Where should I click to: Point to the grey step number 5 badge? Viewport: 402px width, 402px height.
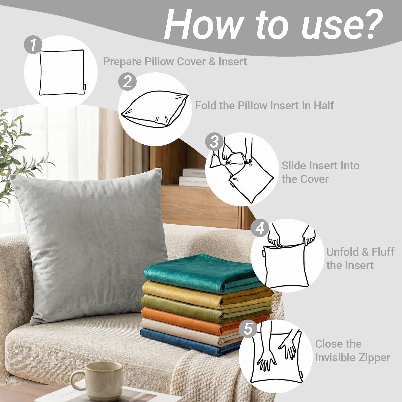[248, 329]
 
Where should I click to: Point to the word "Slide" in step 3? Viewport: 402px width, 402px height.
[294, 166]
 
